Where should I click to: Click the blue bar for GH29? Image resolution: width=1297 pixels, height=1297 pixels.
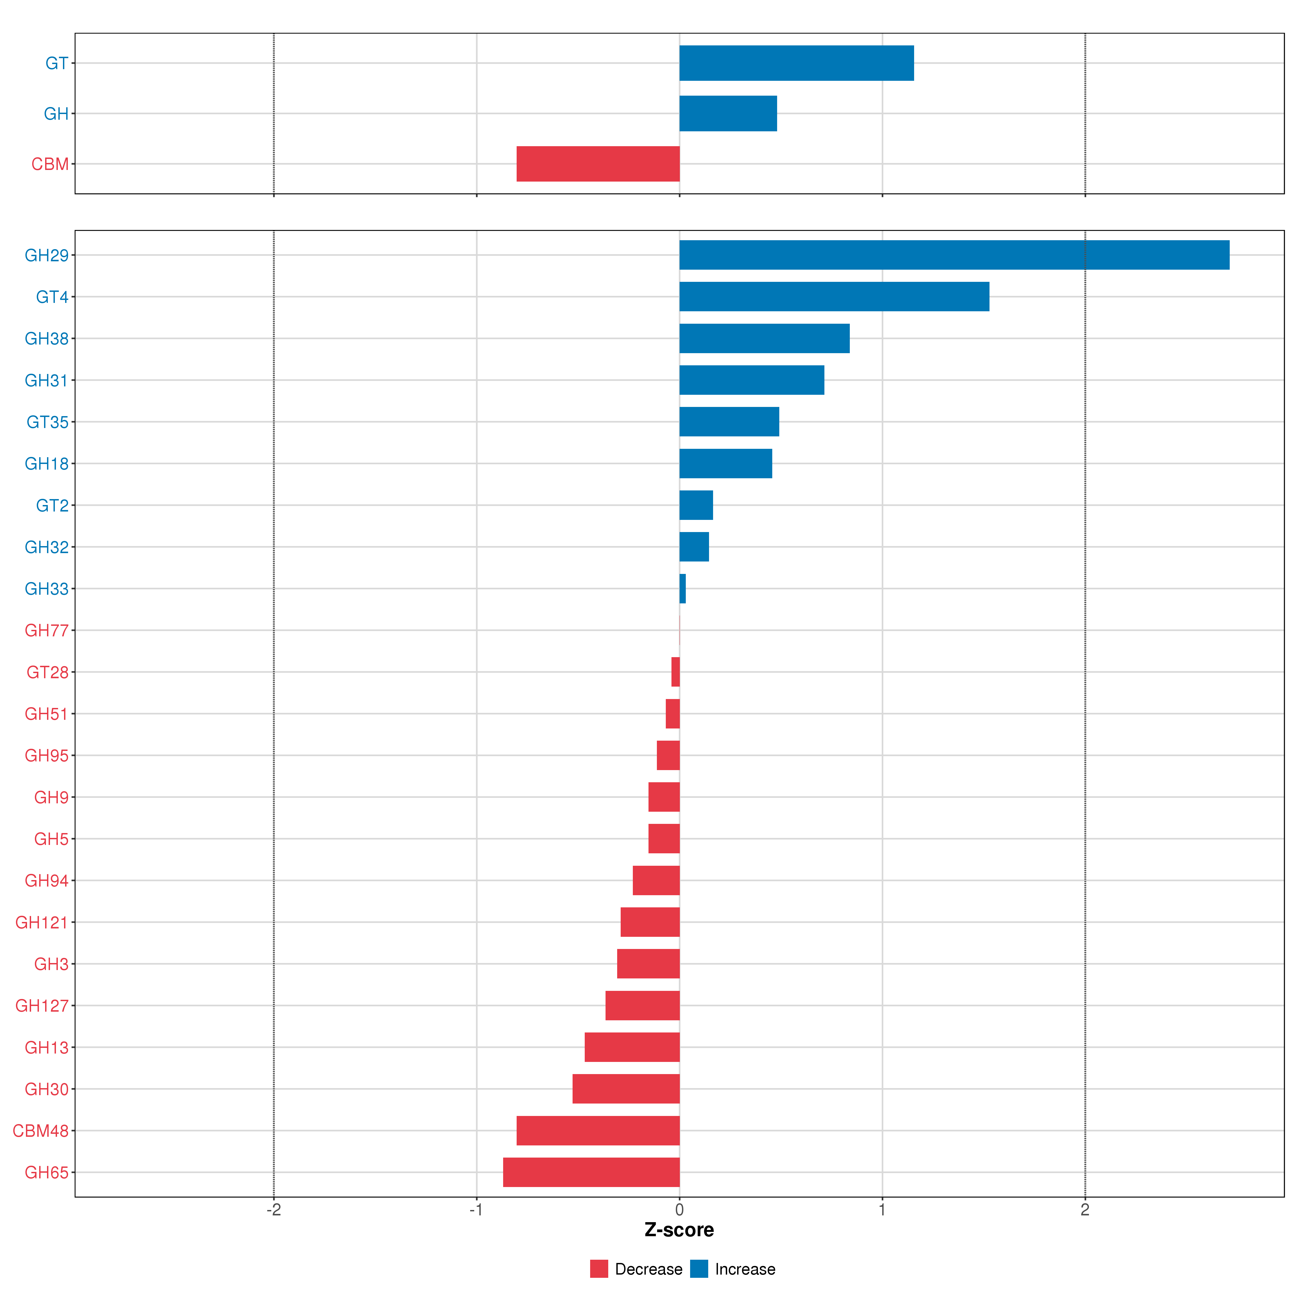click(x=953, y=255)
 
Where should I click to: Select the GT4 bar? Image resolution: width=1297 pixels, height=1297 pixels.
click(x=834, y=297)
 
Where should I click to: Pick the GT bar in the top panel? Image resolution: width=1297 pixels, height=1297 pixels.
click(x=796, y=63)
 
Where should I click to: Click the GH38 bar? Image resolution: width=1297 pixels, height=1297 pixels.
click(x=764, y=338)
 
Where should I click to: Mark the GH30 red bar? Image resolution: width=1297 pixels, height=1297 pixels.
click(x=626, y=1089)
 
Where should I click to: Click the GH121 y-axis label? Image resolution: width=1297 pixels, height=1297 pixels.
click(x=42, y=922)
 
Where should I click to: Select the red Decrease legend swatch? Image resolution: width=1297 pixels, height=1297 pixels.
click(x=599, y=1269)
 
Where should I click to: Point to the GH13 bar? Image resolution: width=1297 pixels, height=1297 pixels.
click(x=632, y=1047)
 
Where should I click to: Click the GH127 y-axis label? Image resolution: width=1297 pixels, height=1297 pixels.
click(x=42, y=1006)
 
